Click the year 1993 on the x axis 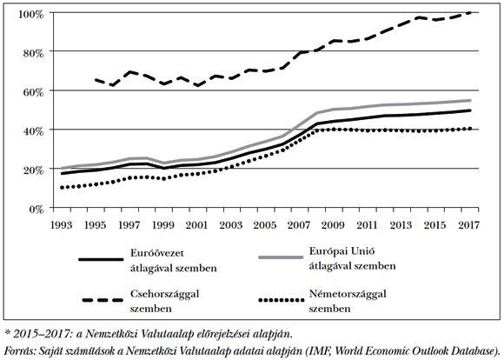tap(62, 225)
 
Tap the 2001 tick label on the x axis tap(199, 225)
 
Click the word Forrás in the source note tap(21, 350)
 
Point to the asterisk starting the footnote tap(8, 332)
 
